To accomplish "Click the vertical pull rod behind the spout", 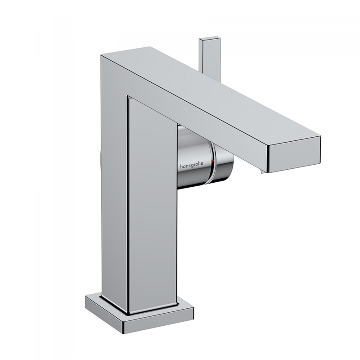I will tap(210, 58).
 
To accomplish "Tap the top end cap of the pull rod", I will tap(210, 39).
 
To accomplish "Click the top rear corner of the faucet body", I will tap(101, 55).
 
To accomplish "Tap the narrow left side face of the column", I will tap(112, 180).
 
